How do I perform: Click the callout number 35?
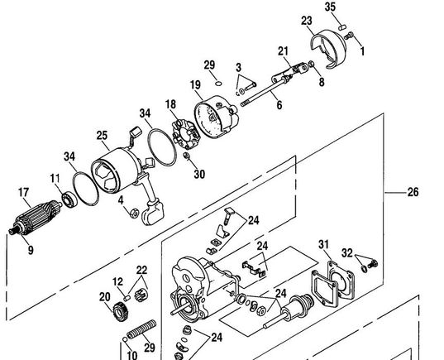pos(330,7)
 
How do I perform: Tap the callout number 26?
pos(413,192)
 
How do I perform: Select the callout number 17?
pos(24,193)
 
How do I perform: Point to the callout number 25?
pos(102,135)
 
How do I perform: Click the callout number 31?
pos(323,244)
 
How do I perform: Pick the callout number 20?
pos(104,297)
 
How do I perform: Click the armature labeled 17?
pos(35,218)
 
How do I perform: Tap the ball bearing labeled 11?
pos(69,199)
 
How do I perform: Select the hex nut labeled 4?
pos(134,214)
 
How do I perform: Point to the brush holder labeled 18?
pos(186,134)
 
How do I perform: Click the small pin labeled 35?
pos(342,27)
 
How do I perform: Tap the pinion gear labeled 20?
pos(121,312)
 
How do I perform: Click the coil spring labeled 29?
pos(141,329)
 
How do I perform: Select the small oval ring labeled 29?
pos(218,84)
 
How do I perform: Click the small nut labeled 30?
pos(186,156)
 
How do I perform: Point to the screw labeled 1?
pos(349,36)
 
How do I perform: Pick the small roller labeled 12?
pos(127,298)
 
